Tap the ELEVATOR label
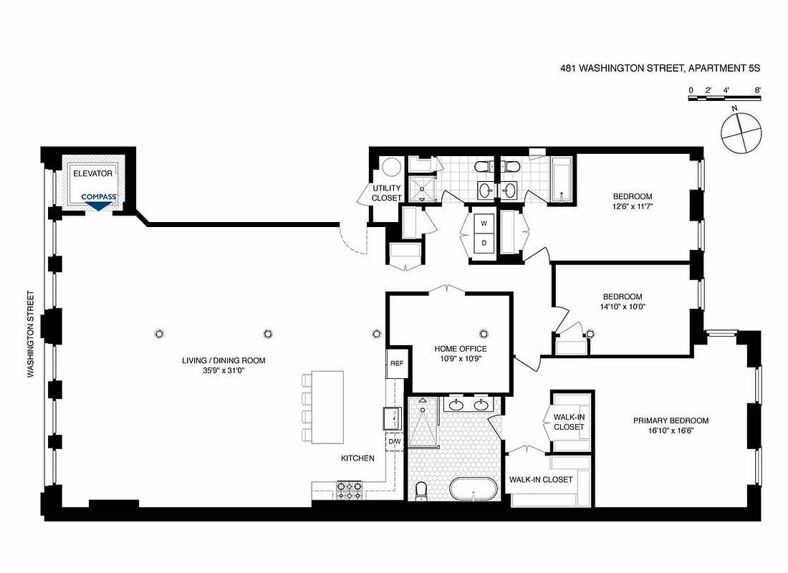coord(92,174)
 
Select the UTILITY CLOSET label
coord(387,193)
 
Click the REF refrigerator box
coord(396,363)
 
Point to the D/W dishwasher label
coord(395,442)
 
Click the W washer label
coord(484,224)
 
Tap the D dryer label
coord(484,243)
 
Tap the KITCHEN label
coord(357,458)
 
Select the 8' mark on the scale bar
coord(757,90)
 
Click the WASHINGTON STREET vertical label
coord(31,334)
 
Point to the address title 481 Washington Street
coord(659,69)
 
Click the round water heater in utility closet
coord(391,168)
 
